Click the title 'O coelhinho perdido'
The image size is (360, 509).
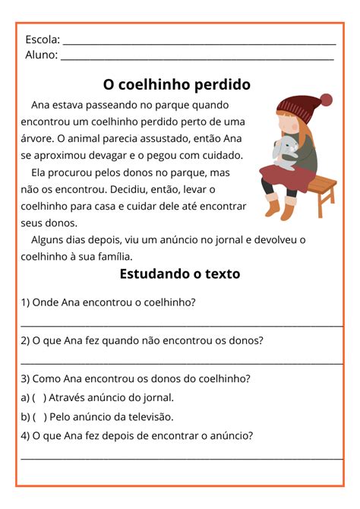[x=176, y=84]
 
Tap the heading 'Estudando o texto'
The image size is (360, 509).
[x=179, y=274]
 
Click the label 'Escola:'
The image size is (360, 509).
[x=43, y=40]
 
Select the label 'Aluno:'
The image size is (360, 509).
[x=41, y=55]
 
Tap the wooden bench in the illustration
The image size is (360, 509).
[x=319, y=190]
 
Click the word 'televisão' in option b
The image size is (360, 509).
[x=150, y=416]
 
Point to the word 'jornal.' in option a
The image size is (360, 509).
[x=156, y=397]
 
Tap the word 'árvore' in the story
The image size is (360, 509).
[x=38, y=138]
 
